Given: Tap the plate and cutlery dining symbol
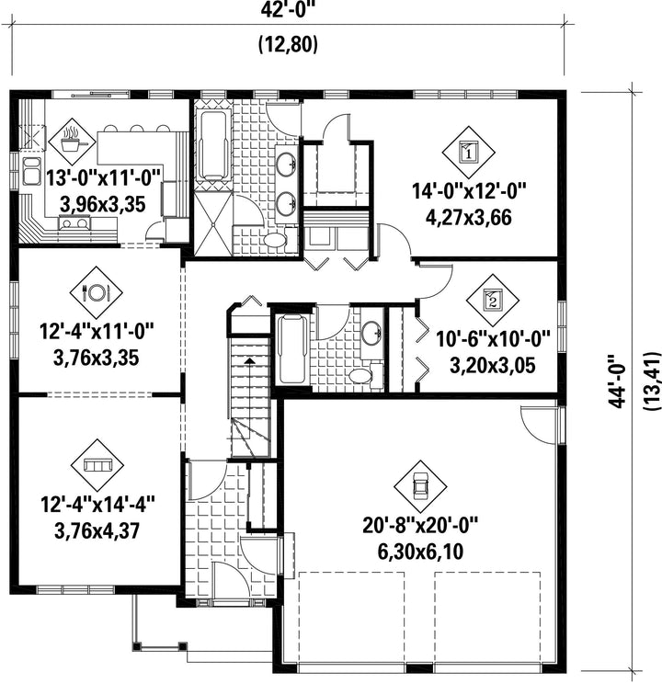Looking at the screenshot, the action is click(x=97, y=291).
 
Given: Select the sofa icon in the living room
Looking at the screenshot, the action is click(x=97, y=465).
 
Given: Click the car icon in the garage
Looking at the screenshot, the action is click(x=420, y=486).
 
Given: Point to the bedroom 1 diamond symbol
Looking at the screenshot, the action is click(x=469, y=152).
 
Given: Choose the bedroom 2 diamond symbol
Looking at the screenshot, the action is click(x=493, y=300).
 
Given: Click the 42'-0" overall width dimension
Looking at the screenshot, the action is click(x=288, y=10).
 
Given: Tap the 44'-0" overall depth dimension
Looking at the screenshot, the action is click(x=618, y=381).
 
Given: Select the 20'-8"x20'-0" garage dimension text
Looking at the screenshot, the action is click(x=420, y=526).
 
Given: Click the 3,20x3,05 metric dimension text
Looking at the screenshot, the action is click(x=493, y=366).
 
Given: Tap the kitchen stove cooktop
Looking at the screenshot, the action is click(x=75, y=223).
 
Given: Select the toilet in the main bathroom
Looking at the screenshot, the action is click(x=277, y=240).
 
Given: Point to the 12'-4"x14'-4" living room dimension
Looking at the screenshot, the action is click(x=98, y=505).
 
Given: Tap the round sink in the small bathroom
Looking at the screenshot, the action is click(x=371, y=333).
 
